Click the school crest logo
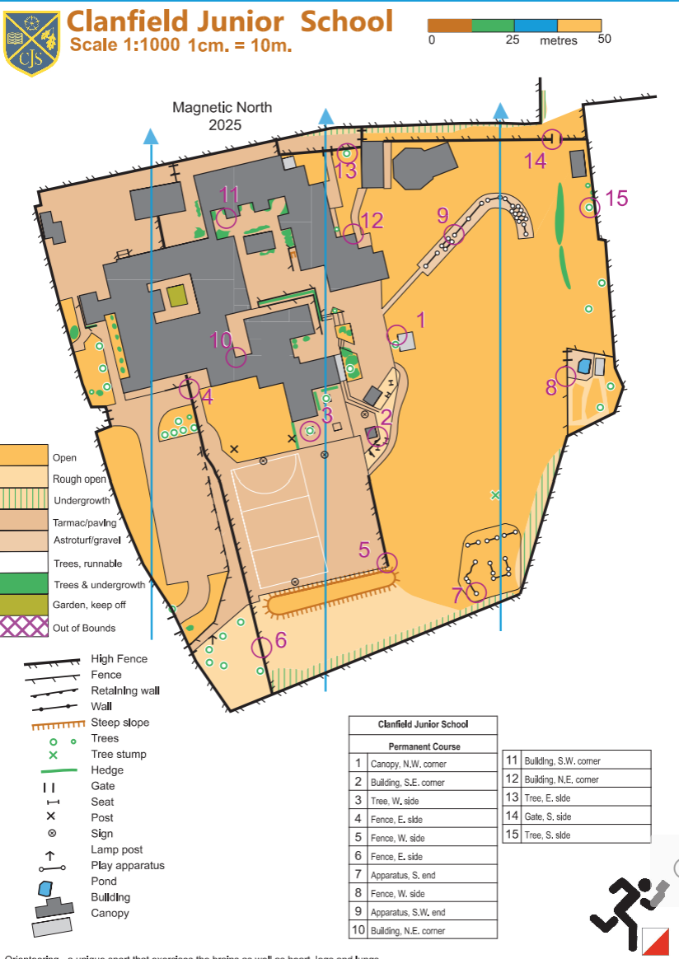tap(31, 43)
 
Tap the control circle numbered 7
tap(475, 591)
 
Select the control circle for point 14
tap(552, 140)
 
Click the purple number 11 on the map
tap(229, 194)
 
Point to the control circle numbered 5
tap(386, 563)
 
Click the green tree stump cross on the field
tap(495, 495)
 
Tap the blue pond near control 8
tap(584, 365)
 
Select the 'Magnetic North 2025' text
tap(222, 116)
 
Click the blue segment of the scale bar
tap(536, 26)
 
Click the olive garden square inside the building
tap(176, 295)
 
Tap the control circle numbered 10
tap(236, 357)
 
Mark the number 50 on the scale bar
tap(604, 39)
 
